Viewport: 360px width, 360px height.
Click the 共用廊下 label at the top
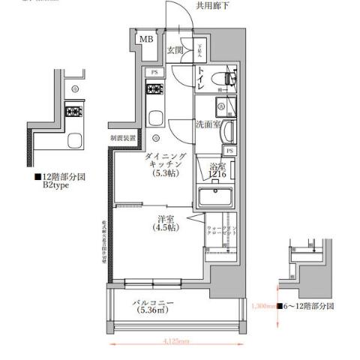[214, 5]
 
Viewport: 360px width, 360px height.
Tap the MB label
[146, 40]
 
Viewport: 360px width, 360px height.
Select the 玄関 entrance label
[175, 51]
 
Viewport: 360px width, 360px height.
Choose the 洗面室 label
[208, 125]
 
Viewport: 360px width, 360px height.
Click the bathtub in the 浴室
[217, 199]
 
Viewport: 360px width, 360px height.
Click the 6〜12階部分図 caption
[307, 307]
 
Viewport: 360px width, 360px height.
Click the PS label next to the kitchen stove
[154, 72]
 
